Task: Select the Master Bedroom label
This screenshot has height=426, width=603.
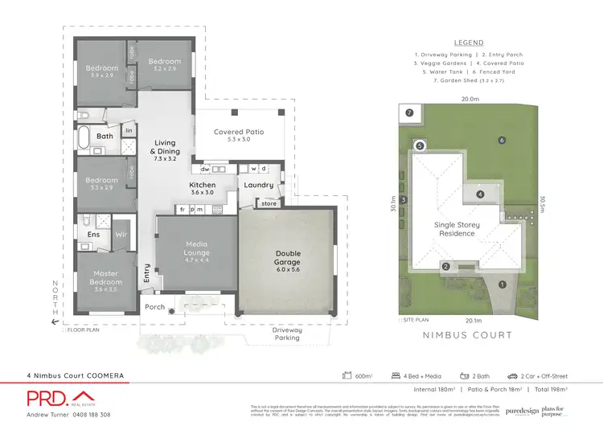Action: (x=106, y=277)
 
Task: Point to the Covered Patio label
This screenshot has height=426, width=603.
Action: (x=239, y=133)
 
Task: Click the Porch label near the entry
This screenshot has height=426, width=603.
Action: (x=154, y=307)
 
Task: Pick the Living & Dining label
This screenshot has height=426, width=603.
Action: (x=165, y=147)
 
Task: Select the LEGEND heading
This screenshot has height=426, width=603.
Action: (x=469, y=43)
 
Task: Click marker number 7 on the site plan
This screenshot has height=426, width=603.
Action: (x=410, y=113)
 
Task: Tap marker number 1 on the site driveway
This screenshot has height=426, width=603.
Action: (x=503, y=284)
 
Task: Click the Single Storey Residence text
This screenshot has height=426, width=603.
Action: (x=455, y=229)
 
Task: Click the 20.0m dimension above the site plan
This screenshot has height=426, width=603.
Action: (x=470, y=99)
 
